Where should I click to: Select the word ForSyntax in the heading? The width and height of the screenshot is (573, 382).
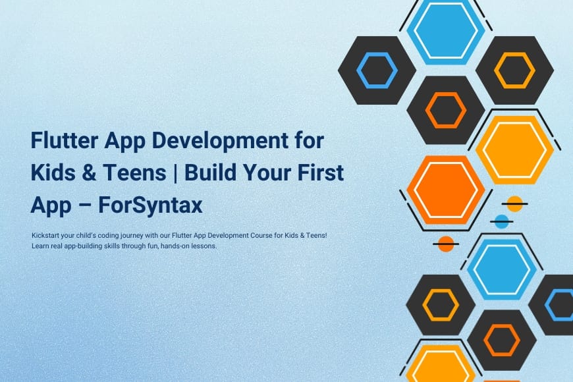pos(150,205)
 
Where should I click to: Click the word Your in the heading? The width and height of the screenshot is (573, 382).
pos(267,173)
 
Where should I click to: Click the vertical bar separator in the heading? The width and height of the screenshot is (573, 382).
pos(175,173)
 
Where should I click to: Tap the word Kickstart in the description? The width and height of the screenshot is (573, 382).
pos(45,235)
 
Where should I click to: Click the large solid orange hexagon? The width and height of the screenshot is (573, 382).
pos(446,190)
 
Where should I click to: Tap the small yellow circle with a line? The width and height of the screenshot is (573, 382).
pos(514,204)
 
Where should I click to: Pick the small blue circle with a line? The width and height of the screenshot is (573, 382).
pos(501,221)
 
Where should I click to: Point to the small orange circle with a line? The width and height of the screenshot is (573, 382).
pos(446,244)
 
